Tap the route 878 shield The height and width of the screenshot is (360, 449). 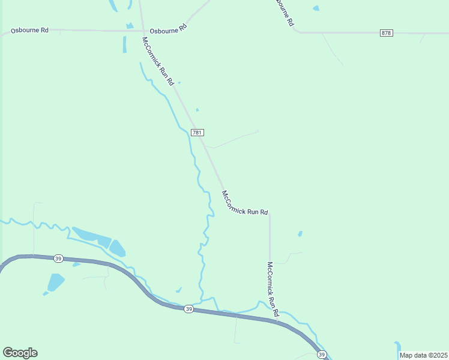(x=387, y=32)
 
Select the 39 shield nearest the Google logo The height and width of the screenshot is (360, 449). (x=58, y=259)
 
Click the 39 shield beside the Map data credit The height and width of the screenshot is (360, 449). (x=321, y=355)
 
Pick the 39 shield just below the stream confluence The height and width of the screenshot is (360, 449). (x=188, y=308)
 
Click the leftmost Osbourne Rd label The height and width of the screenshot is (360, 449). (x=29, y=29)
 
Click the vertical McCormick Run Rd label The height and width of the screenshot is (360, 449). (x=273, y=290)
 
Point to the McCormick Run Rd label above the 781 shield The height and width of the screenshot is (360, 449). (x=158, y=61)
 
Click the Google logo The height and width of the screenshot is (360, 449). (x=20, y=353)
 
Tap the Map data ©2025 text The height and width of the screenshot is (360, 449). (x=423, y=355)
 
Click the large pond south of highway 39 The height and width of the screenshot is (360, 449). (x=55, y=282)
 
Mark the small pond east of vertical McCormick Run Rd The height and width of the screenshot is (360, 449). (x=300, y=233)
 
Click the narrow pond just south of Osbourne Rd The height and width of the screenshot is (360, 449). (x=125, y=44)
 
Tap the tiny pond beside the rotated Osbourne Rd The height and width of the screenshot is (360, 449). (x=316, y=8)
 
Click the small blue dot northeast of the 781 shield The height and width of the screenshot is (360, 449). (x=197, y=110)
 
